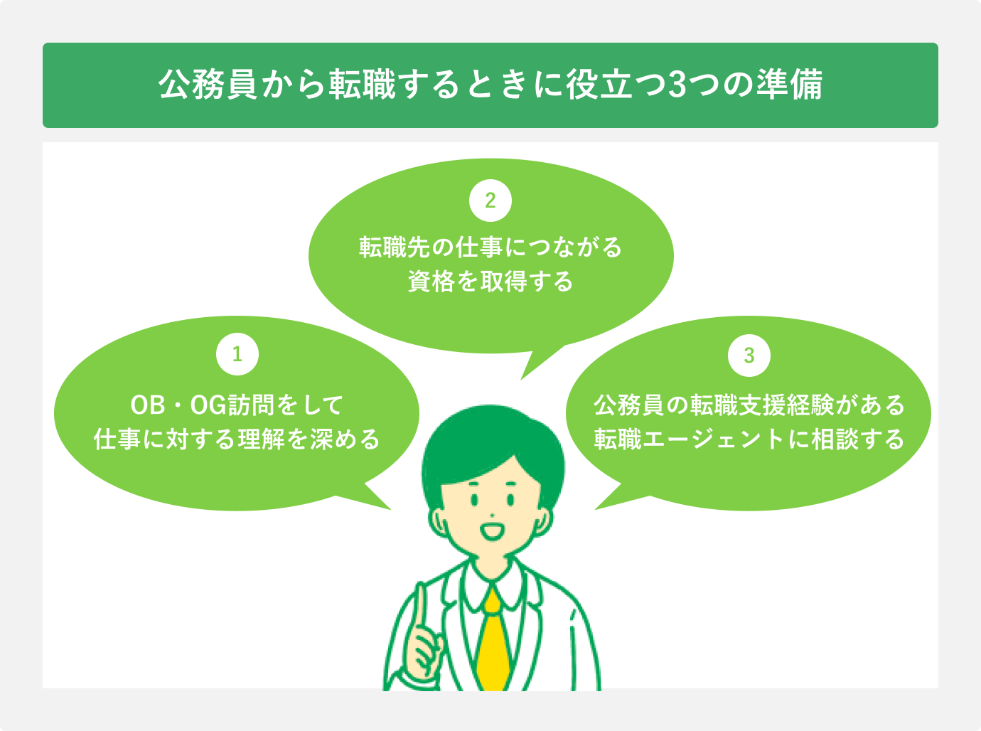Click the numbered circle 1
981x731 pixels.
pos(237,353)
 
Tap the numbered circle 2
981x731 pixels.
pos(490,200)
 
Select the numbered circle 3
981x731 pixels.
pos(749,355)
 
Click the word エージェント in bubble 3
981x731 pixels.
pos(713,439)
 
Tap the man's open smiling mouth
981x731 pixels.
pos(491,531)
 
